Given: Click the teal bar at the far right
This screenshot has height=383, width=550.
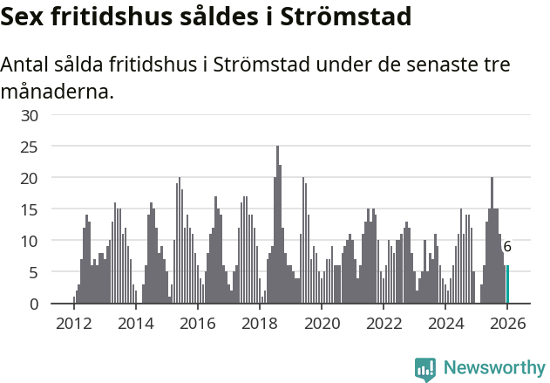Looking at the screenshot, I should (507, 284).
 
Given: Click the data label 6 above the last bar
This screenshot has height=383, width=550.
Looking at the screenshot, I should (507, 247).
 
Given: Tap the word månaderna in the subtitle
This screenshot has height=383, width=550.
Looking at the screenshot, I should (57, 91).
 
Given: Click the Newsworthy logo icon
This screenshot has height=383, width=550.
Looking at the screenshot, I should (424, 369).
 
